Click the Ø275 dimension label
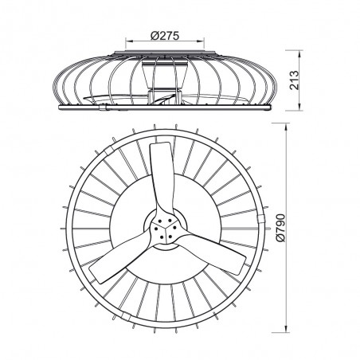click(169, 33)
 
